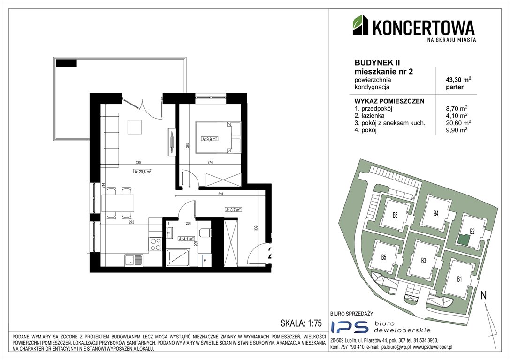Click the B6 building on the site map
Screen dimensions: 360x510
396,216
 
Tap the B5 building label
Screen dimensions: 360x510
383,257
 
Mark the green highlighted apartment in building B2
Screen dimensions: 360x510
464,239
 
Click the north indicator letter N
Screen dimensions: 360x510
484,295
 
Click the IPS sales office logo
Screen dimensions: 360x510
348,328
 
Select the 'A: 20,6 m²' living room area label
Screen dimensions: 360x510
143,171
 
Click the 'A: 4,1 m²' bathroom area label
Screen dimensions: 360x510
186,239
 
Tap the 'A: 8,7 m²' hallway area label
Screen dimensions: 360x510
233,210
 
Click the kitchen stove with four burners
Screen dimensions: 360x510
155,244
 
